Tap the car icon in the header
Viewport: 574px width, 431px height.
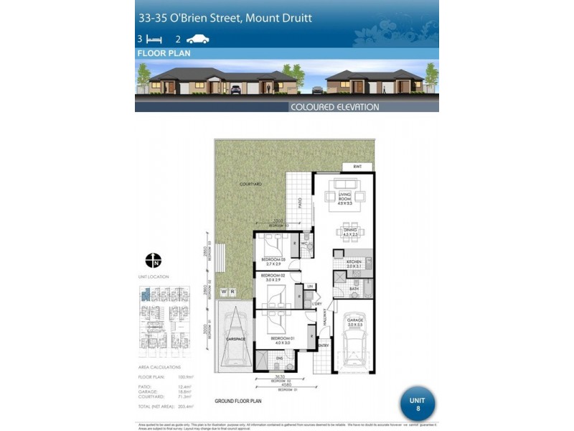pyautogui.click(x=197, y=40)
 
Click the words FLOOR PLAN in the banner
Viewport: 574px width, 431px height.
pyautogui.click(x=163, y=53)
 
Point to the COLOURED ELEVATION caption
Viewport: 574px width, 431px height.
pyautogui.click(x=334, y=107)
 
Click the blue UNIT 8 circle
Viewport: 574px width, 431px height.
pyautogui.click(x=417, y=404)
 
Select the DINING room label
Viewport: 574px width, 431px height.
pyautogui.click(x=350, y=231)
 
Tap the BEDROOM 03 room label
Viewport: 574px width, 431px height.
pyautogui.click(x=273, y=259)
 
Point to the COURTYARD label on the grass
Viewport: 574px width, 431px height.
pyautogui.click(x=250, y=185)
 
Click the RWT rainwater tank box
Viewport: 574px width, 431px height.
pyautogui.click(x=357, y=167)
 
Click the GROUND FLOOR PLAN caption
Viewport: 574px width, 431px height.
pyautogui.click(x=239, y=401)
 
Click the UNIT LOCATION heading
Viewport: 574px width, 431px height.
pyautogui.click(x=154, y=277)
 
